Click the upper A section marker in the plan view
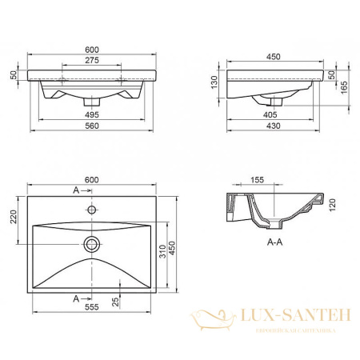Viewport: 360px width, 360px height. click(x=76, y=190)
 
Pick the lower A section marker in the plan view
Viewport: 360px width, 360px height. click(x=76, y=298)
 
